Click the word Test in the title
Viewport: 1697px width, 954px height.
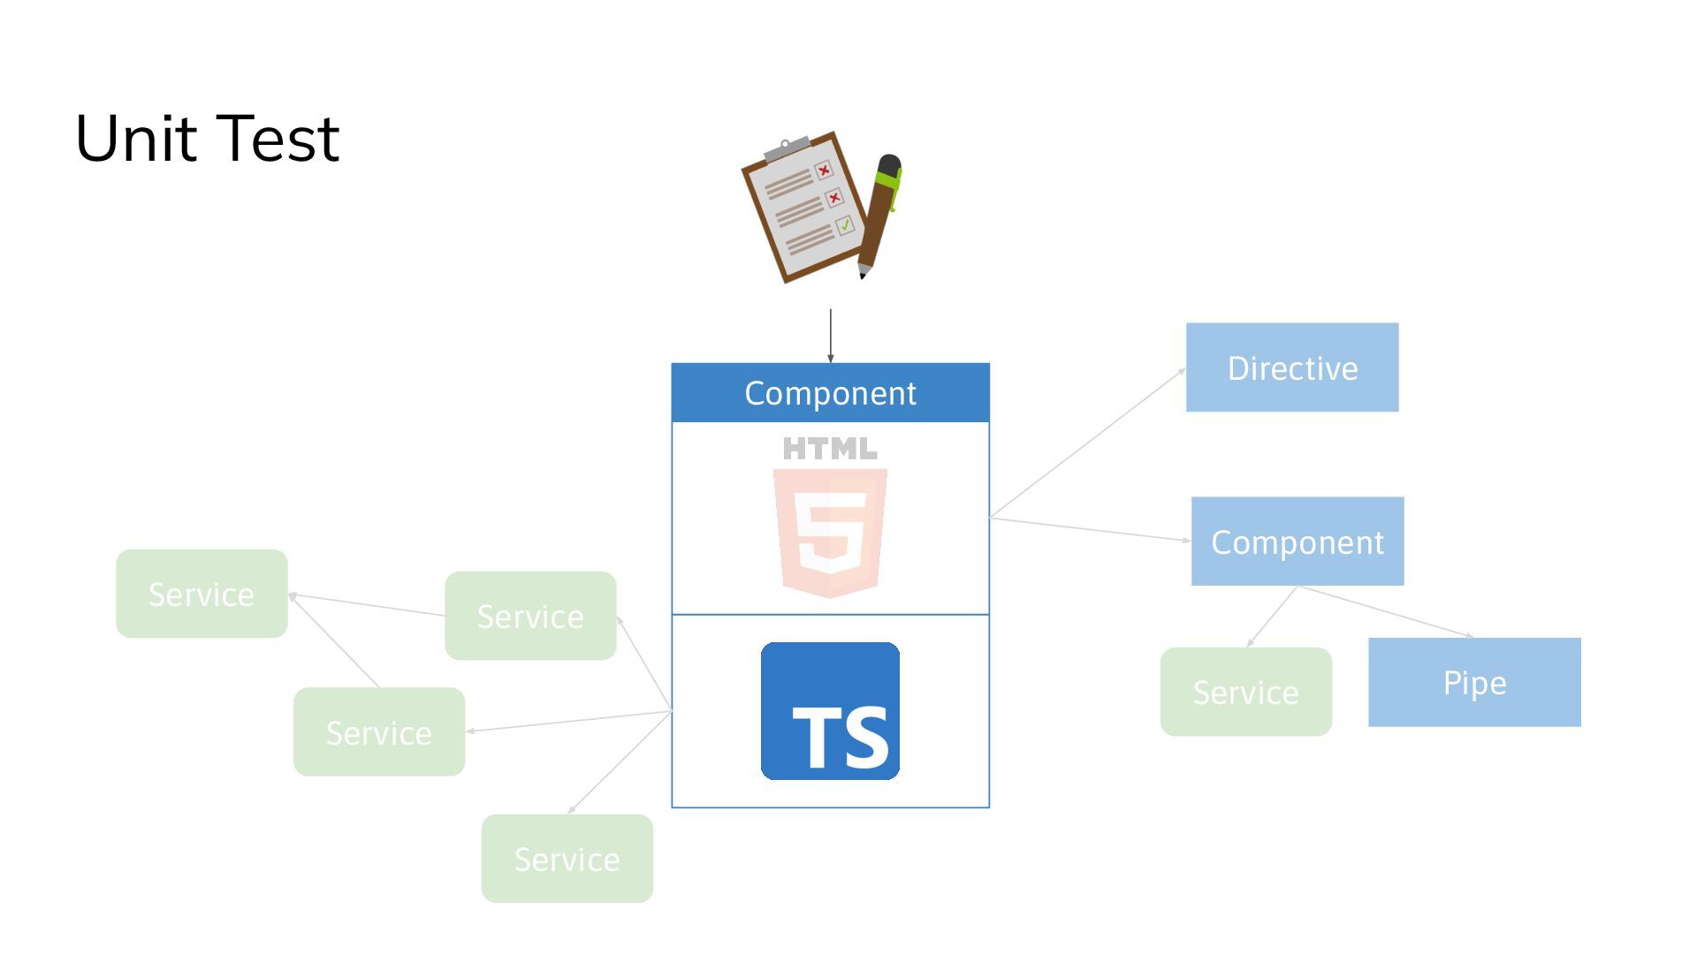point(277,140)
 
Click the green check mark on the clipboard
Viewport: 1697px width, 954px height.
point(845,225)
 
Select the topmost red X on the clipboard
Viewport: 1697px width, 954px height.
point(824,170)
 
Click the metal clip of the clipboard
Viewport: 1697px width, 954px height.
point(786,148)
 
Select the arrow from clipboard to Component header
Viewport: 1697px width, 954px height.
point(830,336)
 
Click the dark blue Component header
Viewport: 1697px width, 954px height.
point(830,393)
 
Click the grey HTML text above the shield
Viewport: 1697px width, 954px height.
point(830,449)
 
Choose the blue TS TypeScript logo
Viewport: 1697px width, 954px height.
point(830,711)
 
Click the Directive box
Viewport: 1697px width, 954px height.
point(1292,367)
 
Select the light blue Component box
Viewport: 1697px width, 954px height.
point(1297,541)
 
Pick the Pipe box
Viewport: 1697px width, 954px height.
point(1474,682)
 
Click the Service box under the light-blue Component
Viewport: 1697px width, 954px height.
point(1245,692)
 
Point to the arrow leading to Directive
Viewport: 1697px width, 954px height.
point(1087,443)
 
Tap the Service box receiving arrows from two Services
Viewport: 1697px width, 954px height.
point(202,594)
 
